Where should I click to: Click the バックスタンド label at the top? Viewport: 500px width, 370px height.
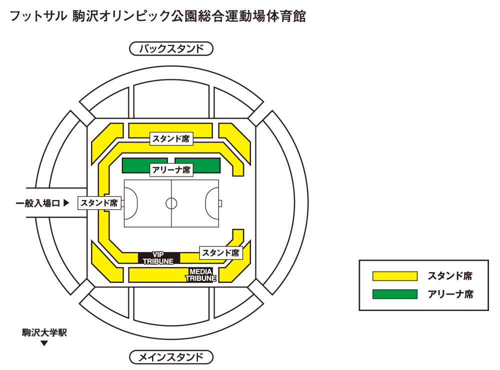171,49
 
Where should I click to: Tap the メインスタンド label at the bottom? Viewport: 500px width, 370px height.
171,357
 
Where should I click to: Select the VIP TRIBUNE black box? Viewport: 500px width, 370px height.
158,257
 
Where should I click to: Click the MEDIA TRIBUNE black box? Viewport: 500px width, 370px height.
201,275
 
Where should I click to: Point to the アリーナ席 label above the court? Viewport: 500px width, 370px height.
171,170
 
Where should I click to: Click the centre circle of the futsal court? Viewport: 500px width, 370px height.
171,203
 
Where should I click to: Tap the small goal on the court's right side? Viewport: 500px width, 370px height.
220,203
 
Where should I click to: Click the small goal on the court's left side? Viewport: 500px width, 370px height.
122,203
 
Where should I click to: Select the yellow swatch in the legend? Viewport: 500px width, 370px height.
394,276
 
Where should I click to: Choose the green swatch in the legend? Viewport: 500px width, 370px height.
394,294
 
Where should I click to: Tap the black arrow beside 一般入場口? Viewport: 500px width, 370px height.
66,203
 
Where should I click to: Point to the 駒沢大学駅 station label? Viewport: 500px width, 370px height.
44,332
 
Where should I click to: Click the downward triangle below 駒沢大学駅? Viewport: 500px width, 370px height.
44,343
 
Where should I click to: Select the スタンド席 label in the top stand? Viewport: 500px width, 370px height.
171,139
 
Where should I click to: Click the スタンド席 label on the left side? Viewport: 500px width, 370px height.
99,203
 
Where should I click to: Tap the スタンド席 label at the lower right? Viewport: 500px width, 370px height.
221,253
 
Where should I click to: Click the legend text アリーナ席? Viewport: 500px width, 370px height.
450,294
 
